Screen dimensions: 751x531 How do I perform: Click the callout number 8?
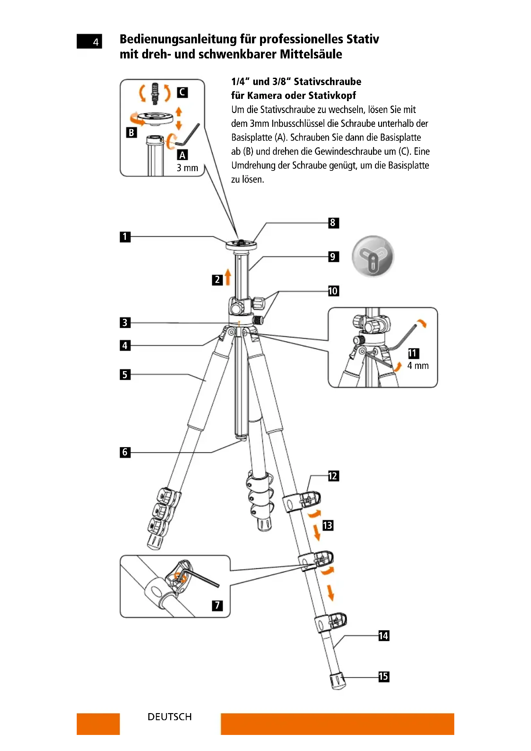[334, 223]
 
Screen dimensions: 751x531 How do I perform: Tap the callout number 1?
[125, 237]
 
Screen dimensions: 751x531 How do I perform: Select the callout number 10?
[334, 291]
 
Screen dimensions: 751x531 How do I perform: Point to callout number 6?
[125, 452]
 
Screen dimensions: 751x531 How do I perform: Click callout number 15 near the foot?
[384, 677]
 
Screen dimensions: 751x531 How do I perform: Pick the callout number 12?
[334, 476]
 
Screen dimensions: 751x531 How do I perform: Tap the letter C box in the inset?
[182, 92]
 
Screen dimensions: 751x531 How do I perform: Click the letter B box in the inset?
[131, 133]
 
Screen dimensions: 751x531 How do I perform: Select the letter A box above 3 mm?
[182, 155]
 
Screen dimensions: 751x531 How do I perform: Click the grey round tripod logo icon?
[373, 256]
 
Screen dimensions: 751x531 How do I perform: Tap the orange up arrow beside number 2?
[228, 277]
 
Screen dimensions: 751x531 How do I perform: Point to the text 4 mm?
[418, 366]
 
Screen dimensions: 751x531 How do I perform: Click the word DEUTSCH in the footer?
[170, 717]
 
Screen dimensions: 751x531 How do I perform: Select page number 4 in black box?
[95, 42]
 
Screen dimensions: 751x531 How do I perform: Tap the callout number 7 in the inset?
[217, 606]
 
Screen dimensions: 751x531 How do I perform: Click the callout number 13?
[328, 525]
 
